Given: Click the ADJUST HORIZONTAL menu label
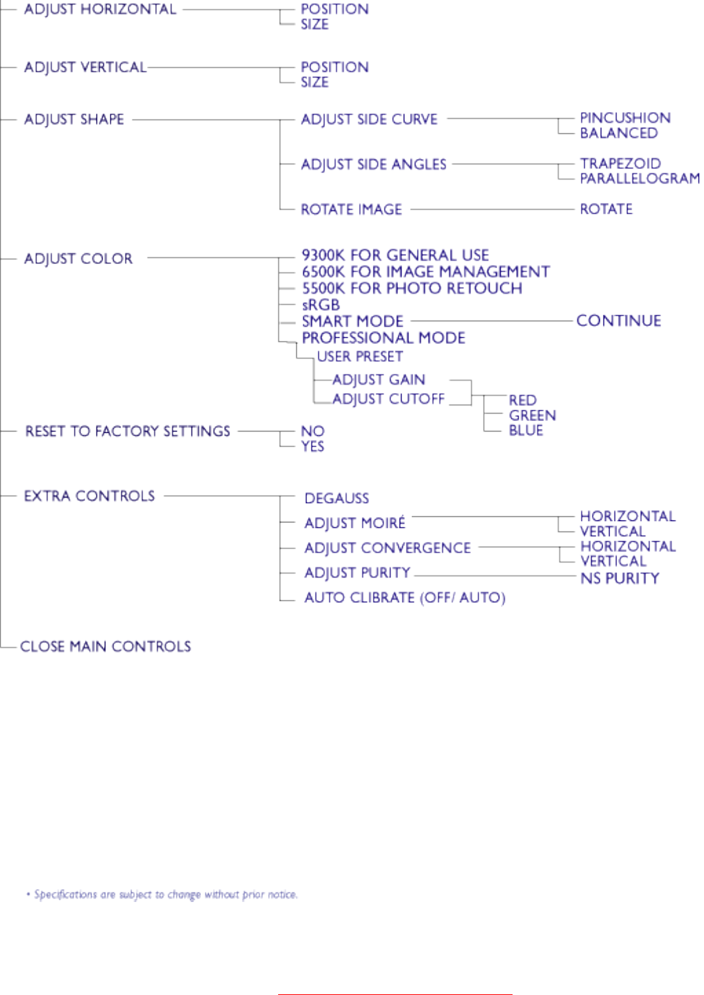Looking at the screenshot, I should coord(100,10).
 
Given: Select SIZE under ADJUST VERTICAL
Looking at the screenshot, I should coord(314,83).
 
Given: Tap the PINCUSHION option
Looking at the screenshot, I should coord(625,118).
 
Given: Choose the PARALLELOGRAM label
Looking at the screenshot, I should coord(639,179).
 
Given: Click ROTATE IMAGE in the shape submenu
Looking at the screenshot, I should coord(351,210).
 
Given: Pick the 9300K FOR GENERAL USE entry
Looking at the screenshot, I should coord(395,255).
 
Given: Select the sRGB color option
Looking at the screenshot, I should coord(320,305).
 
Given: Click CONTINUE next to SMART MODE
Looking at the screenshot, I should coord(618,321).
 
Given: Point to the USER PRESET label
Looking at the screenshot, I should coord(359,357).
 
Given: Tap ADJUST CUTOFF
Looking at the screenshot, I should coord(388,399).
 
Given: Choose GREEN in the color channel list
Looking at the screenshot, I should coord(532,416).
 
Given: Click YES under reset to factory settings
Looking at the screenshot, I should coord(312,447).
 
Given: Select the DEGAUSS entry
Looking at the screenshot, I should coord(336,499).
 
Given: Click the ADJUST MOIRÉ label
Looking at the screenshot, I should coord(354,523).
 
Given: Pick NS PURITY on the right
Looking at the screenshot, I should coord(619,579).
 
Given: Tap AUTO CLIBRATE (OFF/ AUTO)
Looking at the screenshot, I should coord(404,598).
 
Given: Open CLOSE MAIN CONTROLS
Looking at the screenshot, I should coord(105,647).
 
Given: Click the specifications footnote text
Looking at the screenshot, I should coord(165,895).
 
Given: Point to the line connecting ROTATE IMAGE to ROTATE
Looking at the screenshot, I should coord(492,210).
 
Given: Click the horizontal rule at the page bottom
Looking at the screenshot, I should coord(395,994).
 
